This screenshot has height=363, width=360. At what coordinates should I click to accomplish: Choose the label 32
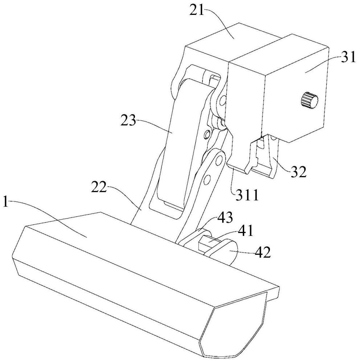(x=298, y=171)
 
